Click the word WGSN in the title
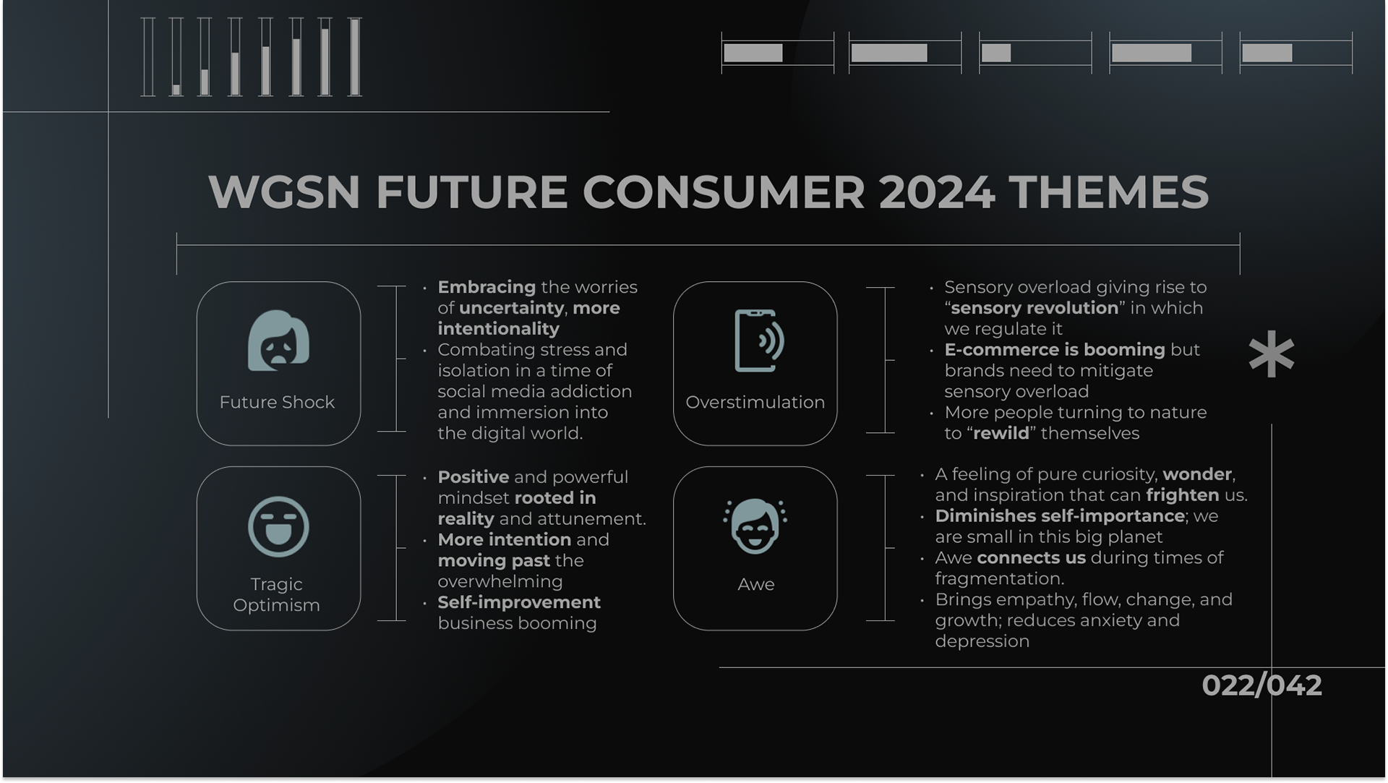click(284, 192)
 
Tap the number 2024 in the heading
click(937, 192)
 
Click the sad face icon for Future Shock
click(278, 341)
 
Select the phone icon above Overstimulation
click(759, 341)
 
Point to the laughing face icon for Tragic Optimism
click(278, 526)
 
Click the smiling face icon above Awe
click(755, 526)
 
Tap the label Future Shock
click(277, 402)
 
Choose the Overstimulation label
click(755, 402)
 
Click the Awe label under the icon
click(755, 584)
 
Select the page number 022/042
click(1261, 685)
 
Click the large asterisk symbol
click(1272, 354)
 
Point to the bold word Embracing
click(487, 288)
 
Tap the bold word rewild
click(1001, 433)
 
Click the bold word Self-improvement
click(519, 602)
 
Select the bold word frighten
click(1183, 495)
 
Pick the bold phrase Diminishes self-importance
click(1060, 516)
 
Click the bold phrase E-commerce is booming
click(1055, 350)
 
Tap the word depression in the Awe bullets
click(982, 642)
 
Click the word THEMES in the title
click(1108, 192)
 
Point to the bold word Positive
click(474, 477)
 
